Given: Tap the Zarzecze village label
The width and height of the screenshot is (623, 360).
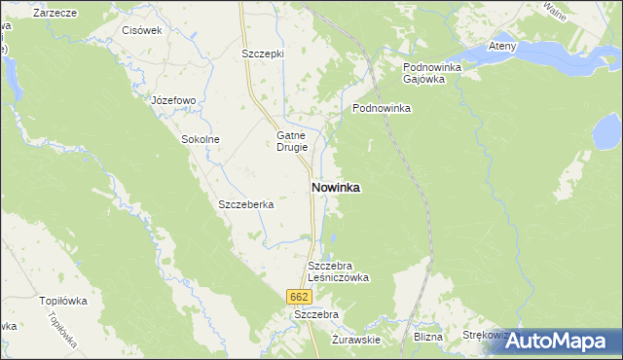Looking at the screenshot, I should tap(55, 13).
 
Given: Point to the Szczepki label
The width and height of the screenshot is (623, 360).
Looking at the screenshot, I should tap(262, 54).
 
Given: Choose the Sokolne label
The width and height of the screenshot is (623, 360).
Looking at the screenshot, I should tap(201, 139).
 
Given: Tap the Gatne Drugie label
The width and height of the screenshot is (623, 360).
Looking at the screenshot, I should tap(292, 141).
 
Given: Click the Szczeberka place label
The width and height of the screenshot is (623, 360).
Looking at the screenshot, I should tap(246, 205).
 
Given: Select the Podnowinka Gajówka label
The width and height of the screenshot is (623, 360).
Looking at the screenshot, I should tap(431, 73).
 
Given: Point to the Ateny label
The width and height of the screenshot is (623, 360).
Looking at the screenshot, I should tap(502, 46).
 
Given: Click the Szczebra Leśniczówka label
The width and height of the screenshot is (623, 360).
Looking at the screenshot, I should tap(338, 270).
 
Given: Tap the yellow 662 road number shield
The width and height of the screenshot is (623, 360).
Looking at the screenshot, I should tap(299, 296).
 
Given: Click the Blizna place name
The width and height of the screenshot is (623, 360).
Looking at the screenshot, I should tap(427, 337).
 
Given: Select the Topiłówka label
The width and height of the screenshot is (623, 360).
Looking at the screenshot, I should tap(62, 301).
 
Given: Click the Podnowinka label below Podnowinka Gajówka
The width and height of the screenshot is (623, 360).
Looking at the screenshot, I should tap(382, 109).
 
